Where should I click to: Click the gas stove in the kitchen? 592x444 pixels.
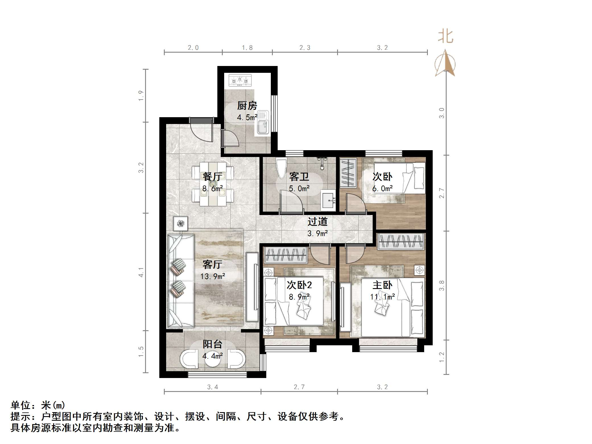[240, 80]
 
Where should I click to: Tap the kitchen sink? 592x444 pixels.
[262, 127]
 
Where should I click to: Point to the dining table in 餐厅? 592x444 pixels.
[213, 183]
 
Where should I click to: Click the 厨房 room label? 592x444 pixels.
[247, 106]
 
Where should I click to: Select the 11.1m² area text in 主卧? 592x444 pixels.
[382, 297]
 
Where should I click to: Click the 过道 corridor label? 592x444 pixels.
[317, 222]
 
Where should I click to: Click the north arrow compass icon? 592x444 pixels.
[445, 64]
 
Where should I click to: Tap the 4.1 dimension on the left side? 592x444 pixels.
[141, 272]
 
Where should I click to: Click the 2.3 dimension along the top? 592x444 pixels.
[305, 48]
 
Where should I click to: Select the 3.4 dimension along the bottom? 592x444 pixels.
[213, 387]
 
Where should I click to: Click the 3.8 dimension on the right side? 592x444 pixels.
[442, 285]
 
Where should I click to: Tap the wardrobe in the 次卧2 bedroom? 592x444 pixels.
[286, 255]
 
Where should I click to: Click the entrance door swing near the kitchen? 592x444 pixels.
[201, 130]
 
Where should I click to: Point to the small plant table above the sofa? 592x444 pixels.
[180, 224]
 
